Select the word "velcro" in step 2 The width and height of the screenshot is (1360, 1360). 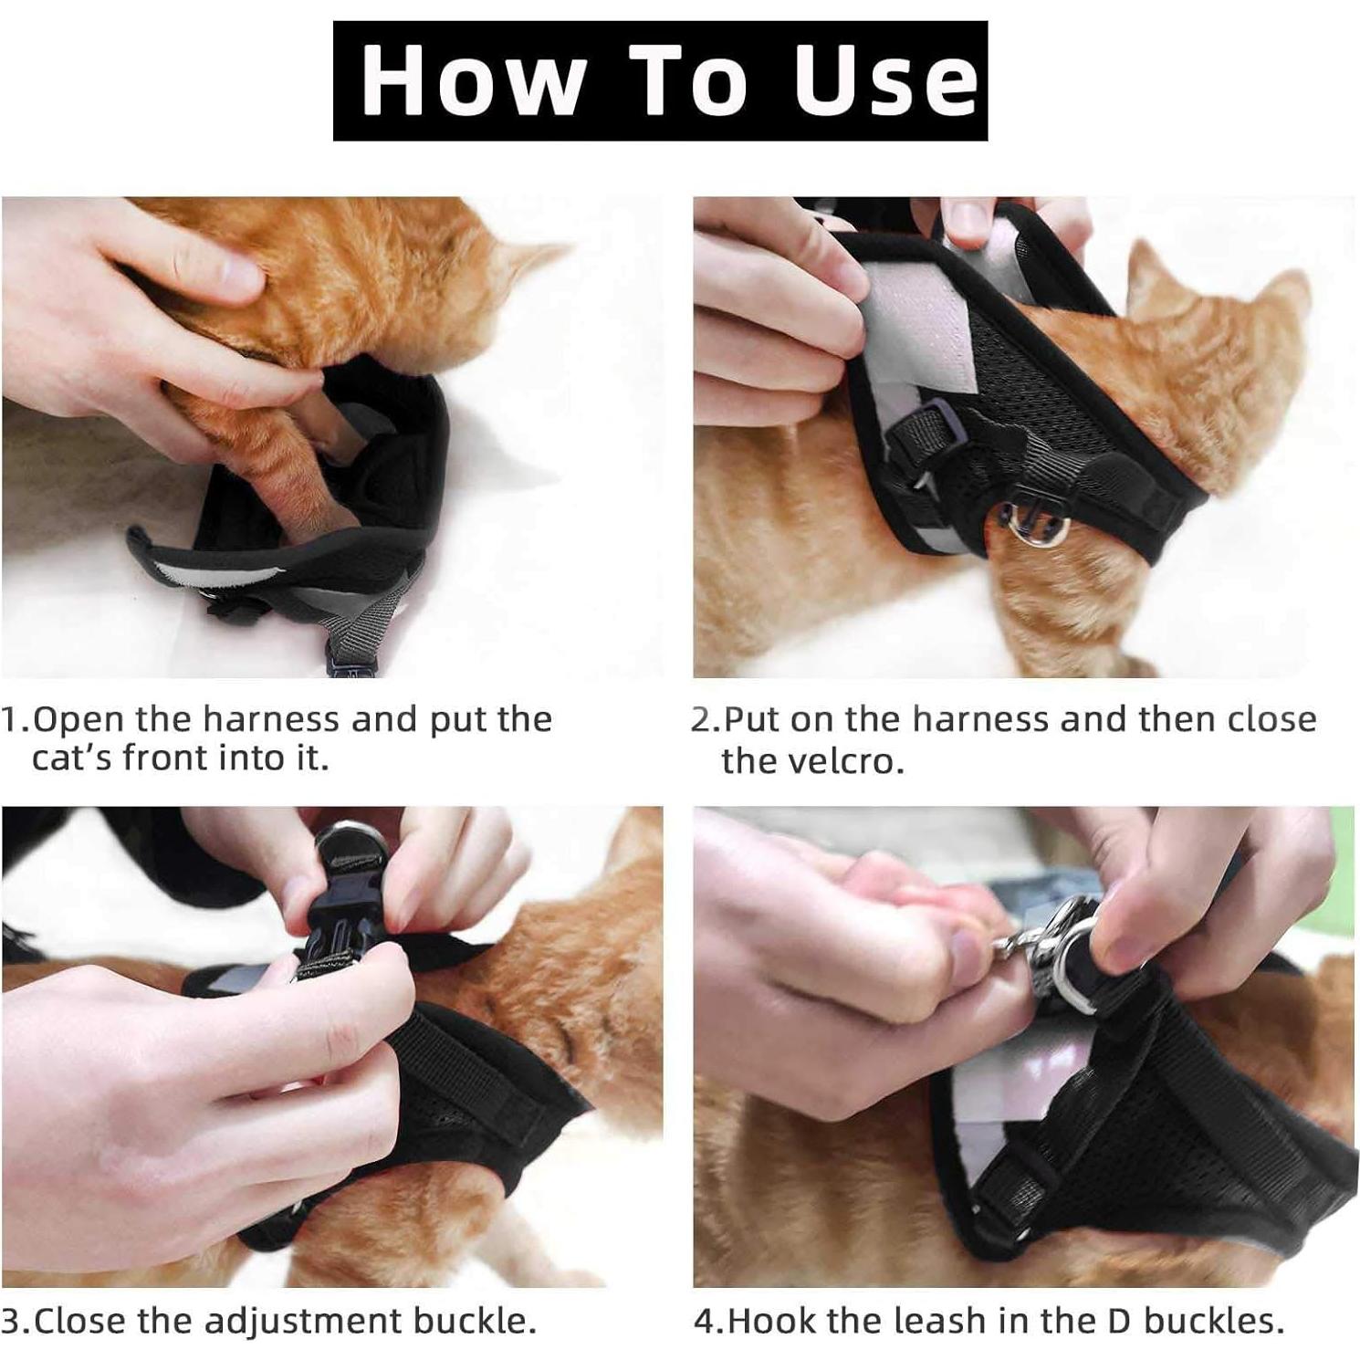[808, 760]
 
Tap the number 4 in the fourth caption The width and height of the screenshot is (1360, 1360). [705, 1321]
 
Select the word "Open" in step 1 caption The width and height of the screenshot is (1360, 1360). [78, 719]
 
